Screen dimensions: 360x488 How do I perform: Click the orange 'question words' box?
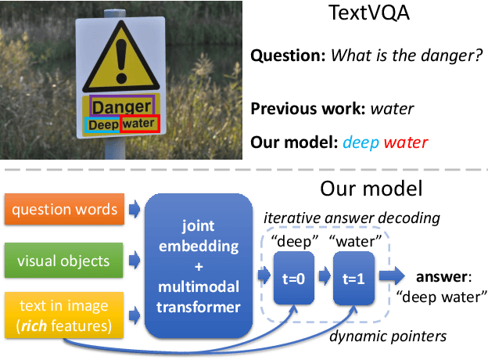[x=65, y=209]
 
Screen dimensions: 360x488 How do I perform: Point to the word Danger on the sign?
[x=122, y=106]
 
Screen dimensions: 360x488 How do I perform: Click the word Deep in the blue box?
[x=102, y=124]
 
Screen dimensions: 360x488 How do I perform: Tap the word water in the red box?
[x=140, y=124]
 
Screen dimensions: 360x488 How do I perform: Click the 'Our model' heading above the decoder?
[x=372, y=189]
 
